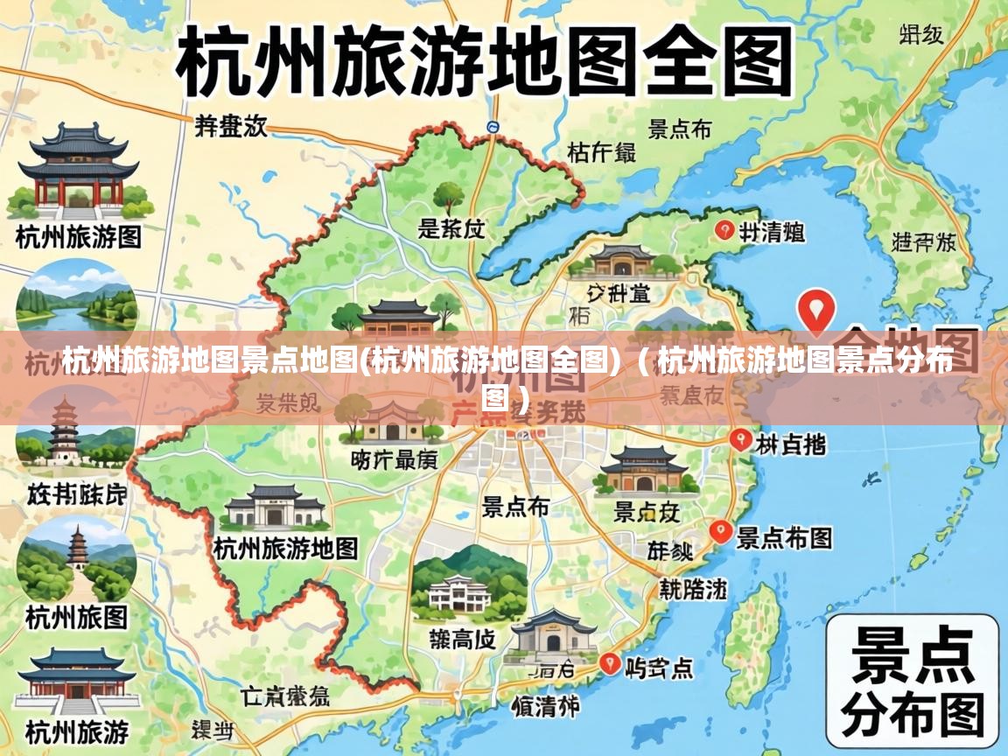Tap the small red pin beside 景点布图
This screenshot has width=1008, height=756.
click(x=720, y=530)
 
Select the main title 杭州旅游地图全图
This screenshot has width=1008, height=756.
click(x=486, y=60)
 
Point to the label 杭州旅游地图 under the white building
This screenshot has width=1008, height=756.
click(x=286, y=549)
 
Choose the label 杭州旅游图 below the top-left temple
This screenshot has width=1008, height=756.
click(x=79, y=236)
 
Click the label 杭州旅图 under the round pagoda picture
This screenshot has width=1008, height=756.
click(x=77, y=617)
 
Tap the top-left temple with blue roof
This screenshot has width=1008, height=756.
click(x=79, y=171)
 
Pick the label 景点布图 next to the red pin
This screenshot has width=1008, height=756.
click(x=784, y=537)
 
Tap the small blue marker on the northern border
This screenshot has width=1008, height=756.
click(x=493, y=128)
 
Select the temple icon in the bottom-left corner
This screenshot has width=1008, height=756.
click(x=76, y=682)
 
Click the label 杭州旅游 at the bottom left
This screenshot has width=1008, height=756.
click(x=77, y=731)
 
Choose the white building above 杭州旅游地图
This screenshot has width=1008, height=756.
click(x=275, y=506)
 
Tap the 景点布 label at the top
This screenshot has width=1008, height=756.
click(x=679, y=130)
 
